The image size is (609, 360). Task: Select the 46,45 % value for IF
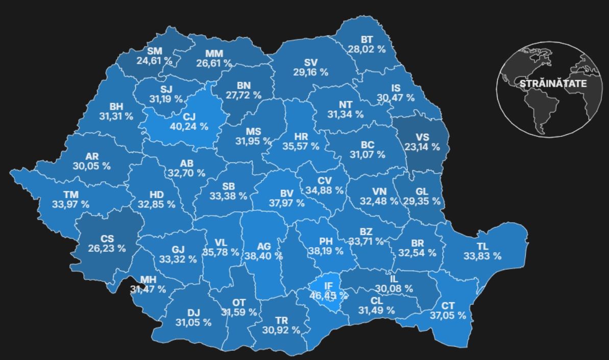click(328, 295)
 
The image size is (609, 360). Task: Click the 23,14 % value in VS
click(421, 147)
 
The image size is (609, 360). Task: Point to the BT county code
click(367, 39)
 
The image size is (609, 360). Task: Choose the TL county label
click(482, 246)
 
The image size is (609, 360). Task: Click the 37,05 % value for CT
click(447, 316)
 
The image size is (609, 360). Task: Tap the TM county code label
click(70, 195)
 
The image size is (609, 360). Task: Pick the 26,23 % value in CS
click(107, 248)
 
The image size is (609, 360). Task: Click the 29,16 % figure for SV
click(310, 72)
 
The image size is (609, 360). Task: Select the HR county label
click(301, 136)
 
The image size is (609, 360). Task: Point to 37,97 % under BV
click(286, 203)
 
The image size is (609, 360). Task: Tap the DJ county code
click(192, 313)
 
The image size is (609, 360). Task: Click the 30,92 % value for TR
click(281, 330)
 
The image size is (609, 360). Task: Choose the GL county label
click(422, 191)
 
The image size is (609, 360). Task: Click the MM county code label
click(214, 54)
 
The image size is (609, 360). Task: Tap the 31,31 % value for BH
click(116, 116)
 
